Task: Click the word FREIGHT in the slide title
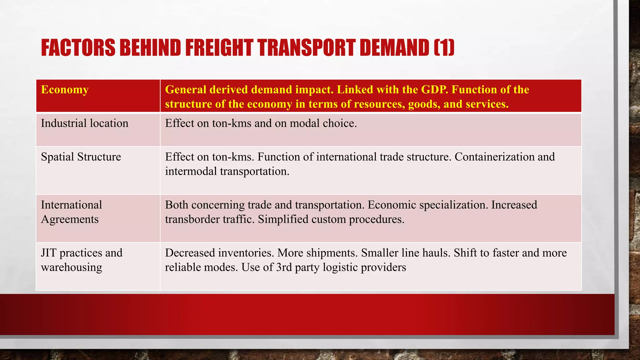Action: pyautogui.click(x=219, y=48)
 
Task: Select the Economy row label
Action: pyautogui.click(x=65, y=90)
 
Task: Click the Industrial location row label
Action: pyautogui.click(x=84, y=123)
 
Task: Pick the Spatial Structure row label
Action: pyautogui.click(x=81, y=157)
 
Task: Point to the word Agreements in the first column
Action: pyautogui.click(x=70, y=219)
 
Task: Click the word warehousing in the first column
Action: pyautogui.click(x=71, y=267)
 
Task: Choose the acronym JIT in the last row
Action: pyautogui.click(x=48, y=253)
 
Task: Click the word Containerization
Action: pyautogui.click(x=494, y=157)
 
